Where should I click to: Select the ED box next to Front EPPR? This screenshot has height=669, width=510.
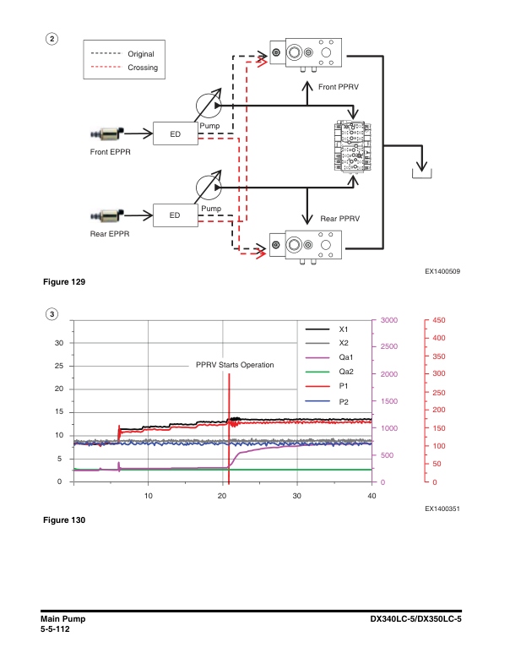(175, 133)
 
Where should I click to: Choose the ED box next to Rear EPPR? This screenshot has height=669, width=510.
(175, 215)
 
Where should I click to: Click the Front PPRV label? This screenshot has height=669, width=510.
(339, 87)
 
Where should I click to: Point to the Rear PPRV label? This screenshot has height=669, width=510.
(340, 219)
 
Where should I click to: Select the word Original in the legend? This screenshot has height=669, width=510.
(141, 54)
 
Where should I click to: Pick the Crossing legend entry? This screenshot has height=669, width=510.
(143, 68)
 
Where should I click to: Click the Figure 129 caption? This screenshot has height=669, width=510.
(63, 280)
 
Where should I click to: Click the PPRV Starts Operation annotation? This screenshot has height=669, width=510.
(235, 365)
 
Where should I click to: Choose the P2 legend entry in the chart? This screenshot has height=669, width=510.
(345, 401)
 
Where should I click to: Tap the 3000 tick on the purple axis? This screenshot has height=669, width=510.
(388, 320)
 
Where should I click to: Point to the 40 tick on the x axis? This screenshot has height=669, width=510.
(372, 496)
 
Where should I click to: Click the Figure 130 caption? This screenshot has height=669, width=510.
(63, 519)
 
